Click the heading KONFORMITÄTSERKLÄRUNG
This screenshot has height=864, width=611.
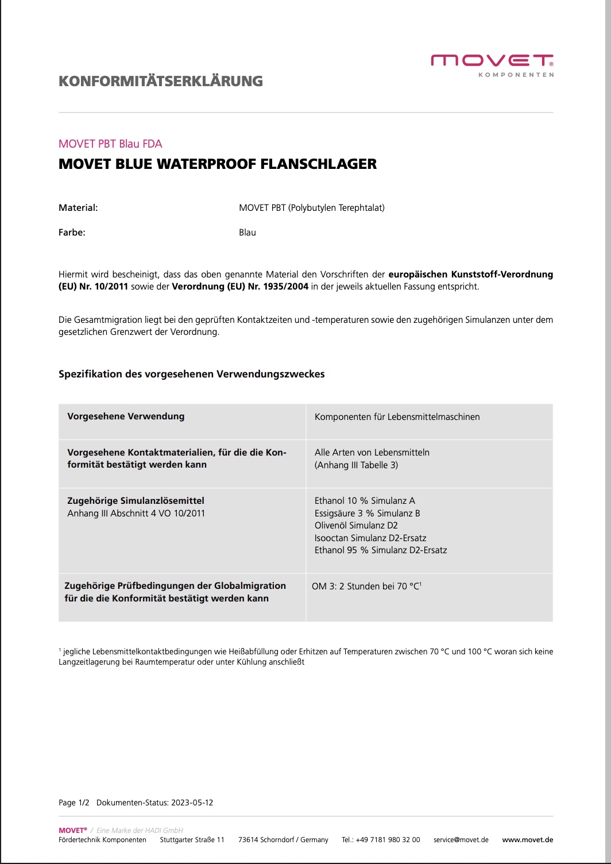coord(161,81)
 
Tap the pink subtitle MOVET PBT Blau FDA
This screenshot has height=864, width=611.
coord(110,144)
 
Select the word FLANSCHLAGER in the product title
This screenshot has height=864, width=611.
coord(319,164)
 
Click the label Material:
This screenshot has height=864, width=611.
coord(78,208)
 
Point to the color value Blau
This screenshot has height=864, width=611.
coord(248,233)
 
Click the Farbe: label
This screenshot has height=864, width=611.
coord(72,233)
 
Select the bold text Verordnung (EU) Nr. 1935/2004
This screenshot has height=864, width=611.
coord(240,287)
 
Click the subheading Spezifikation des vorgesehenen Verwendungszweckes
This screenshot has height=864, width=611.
coord(191,374)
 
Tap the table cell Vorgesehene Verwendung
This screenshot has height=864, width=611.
coord(126,416)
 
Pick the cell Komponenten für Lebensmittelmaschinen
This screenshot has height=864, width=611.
coord(397,417)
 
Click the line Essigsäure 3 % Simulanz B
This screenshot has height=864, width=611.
coord(367,513)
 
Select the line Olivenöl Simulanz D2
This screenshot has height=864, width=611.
coord(356,526)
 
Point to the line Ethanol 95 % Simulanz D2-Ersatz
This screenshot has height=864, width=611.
coord(380,550)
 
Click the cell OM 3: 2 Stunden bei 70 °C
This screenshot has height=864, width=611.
coord(366,587)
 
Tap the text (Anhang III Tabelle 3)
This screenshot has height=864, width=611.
coord(356,465)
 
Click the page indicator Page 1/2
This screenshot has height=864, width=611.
coord(74,803)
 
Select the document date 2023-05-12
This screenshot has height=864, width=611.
coord(191,803)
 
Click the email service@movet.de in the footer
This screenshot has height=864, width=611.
coord(461,840)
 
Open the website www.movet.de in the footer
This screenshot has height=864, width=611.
coord(527,840)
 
